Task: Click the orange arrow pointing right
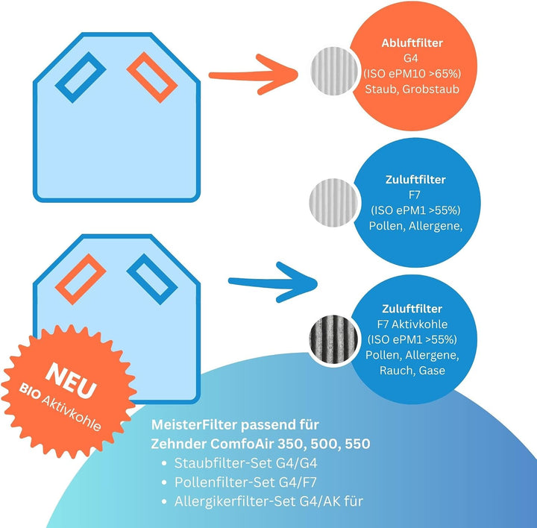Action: pyautogui.click(x=254, y=75)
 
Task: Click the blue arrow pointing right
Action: pyautogui.click(x=273, y=282)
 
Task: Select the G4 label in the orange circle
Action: pyautogui.click(x=411, y=58)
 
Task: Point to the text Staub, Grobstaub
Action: pyautogui.click(x=412, y=89)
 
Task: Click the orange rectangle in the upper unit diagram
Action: pyautogui.click(x=152, y=78)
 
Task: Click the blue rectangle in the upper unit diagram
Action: pyautogui.click(x=81, y=78)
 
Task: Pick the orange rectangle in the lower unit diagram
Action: pyautogui.click(x=81, y=279)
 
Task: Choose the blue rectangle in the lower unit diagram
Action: pyautogui.click(x=152, y=279)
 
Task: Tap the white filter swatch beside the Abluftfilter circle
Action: pyautogui.click(x=335, y=71)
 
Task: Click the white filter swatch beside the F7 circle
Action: pyautogui.click(x=333, y=202)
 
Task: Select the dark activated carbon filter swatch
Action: pyautogui.click(x=333, y=339)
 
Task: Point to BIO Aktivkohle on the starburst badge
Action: pyautogui.click(x=60, y=407)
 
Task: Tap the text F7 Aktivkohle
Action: pyautogui.click(x=412, y=324)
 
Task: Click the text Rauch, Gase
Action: pyautogui.click(x=412, y=371)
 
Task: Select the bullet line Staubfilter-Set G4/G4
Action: pyautogui.click(x=246, y=463)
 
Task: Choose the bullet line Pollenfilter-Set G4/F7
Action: pyautogui.click(x=245, y=483)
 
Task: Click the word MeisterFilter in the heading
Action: pyautogui.click(x=194, y=425)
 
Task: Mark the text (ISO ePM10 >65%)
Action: pyautogui.click(x=412, y=74)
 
